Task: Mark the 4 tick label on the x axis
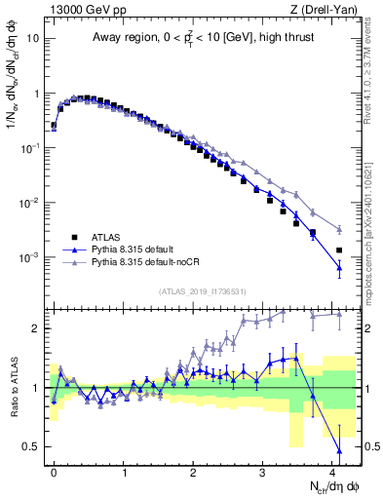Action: tap(334, 472)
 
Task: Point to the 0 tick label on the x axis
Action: tap(54, 472)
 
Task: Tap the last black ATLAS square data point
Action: tap(339, 250)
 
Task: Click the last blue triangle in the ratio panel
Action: tap(339, 451)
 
